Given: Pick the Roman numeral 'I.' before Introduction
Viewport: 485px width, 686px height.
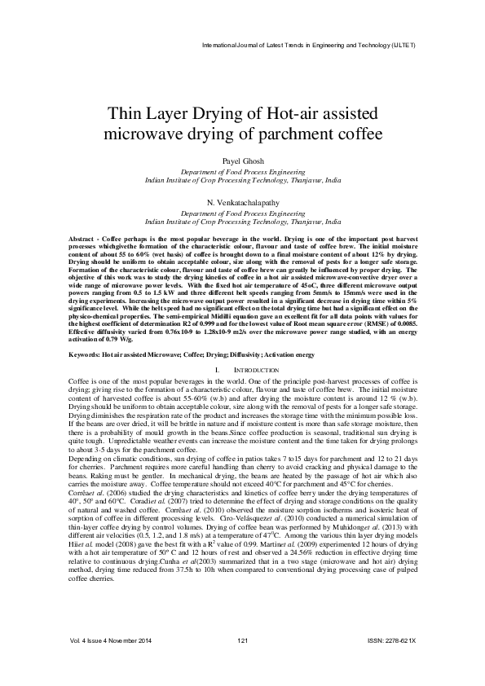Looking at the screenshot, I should (217, 371).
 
